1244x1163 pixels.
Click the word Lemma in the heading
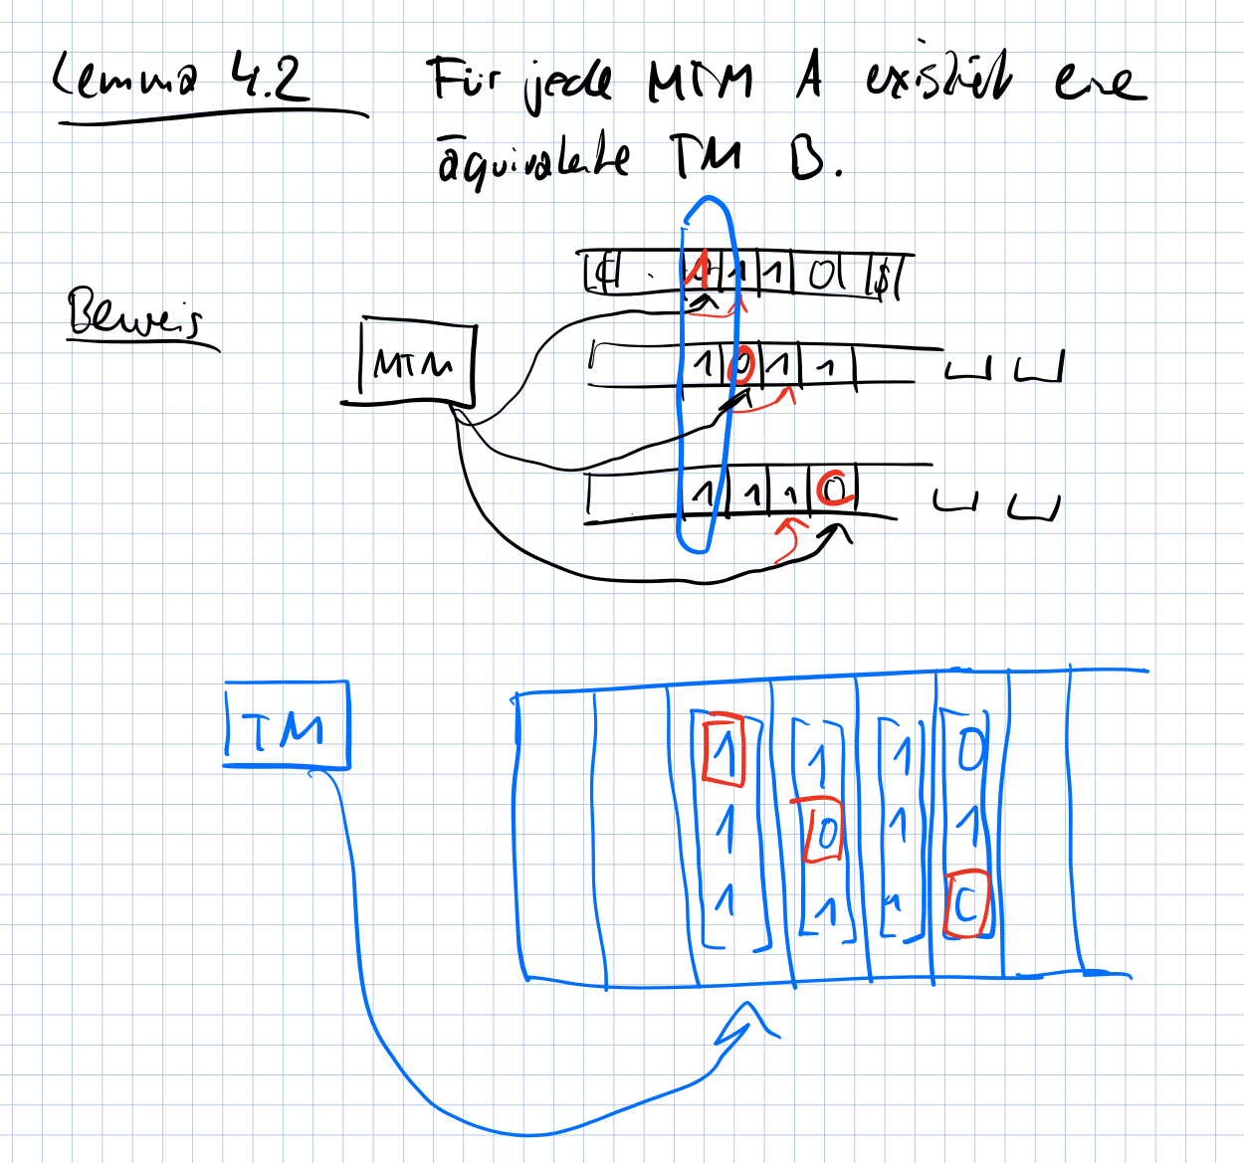pyautogui.click(x=123, y=78)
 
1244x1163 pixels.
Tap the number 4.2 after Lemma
pyautogui.click(x=268, y=78)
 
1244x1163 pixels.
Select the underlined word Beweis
pyautogui.click(x=134, y=314)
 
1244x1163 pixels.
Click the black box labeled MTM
pyautogui.click(x=414, y=363)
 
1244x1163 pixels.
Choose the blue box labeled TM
pyautogui.click(x=287, y=726)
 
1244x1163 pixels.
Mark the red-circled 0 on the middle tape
pyautogui.click(x=741, y=364)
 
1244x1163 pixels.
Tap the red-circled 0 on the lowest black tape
pyautogui.click(x=834, y=488)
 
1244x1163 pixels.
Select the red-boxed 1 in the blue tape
pyautogui.click(x=724, y=751)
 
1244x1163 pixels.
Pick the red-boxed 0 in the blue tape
pyautogui.click(x=825, y=831)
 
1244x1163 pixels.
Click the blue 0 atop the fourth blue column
pyautogui.click(x=970, y=746)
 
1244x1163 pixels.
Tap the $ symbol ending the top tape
pyautogui.click(x=882, y=277)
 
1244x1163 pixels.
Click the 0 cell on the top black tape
pyautogui.click(x=823, y=274)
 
